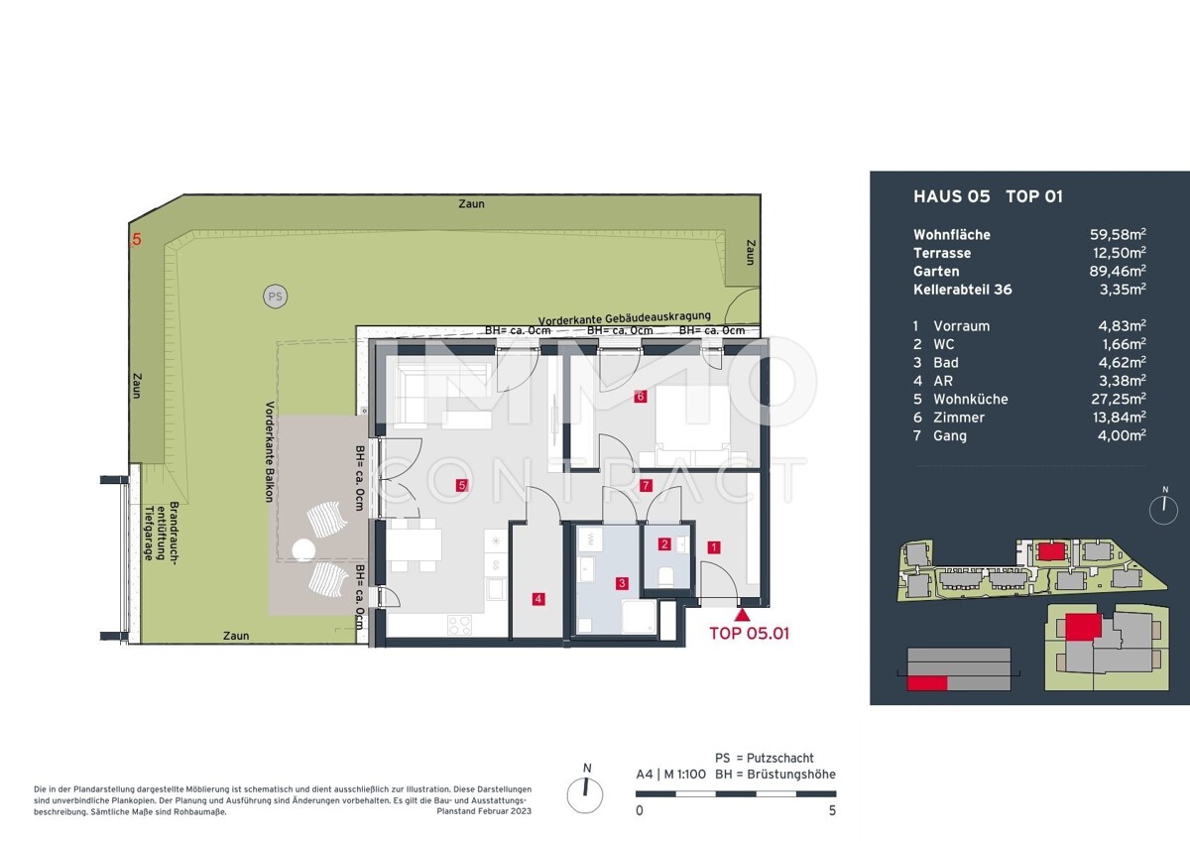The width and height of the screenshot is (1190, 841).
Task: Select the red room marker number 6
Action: pos(641,397)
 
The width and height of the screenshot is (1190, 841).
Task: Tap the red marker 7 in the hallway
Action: pos(646,486)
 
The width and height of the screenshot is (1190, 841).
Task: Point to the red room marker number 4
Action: pos(536,598)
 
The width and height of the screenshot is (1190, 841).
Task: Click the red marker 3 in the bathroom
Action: pos(622,583)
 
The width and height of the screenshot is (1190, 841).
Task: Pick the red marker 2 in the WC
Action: pos(664,543)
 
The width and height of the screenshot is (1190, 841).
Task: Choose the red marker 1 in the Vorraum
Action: pos(713,545)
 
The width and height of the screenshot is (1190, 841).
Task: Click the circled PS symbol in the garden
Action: pos(274,295)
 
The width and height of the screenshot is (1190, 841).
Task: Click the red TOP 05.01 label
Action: pos(749,633)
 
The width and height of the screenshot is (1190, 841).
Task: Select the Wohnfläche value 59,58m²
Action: pos(1118,235)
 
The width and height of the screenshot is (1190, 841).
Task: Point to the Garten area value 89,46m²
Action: pos(1118,271)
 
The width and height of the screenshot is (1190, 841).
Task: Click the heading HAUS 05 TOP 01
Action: pos(987,196)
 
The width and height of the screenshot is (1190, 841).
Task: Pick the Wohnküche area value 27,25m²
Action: pos(1119,399)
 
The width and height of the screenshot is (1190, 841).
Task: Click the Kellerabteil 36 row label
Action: pos(962,290)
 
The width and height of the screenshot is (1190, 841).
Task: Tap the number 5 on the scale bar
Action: pos(831,810)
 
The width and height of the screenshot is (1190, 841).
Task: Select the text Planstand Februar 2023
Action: pos(484,811)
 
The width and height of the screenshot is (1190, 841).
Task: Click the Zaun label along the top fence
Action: pos(472,203)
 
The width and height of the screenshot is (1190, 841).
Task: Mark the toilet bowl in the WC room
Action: pos(665,576)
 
